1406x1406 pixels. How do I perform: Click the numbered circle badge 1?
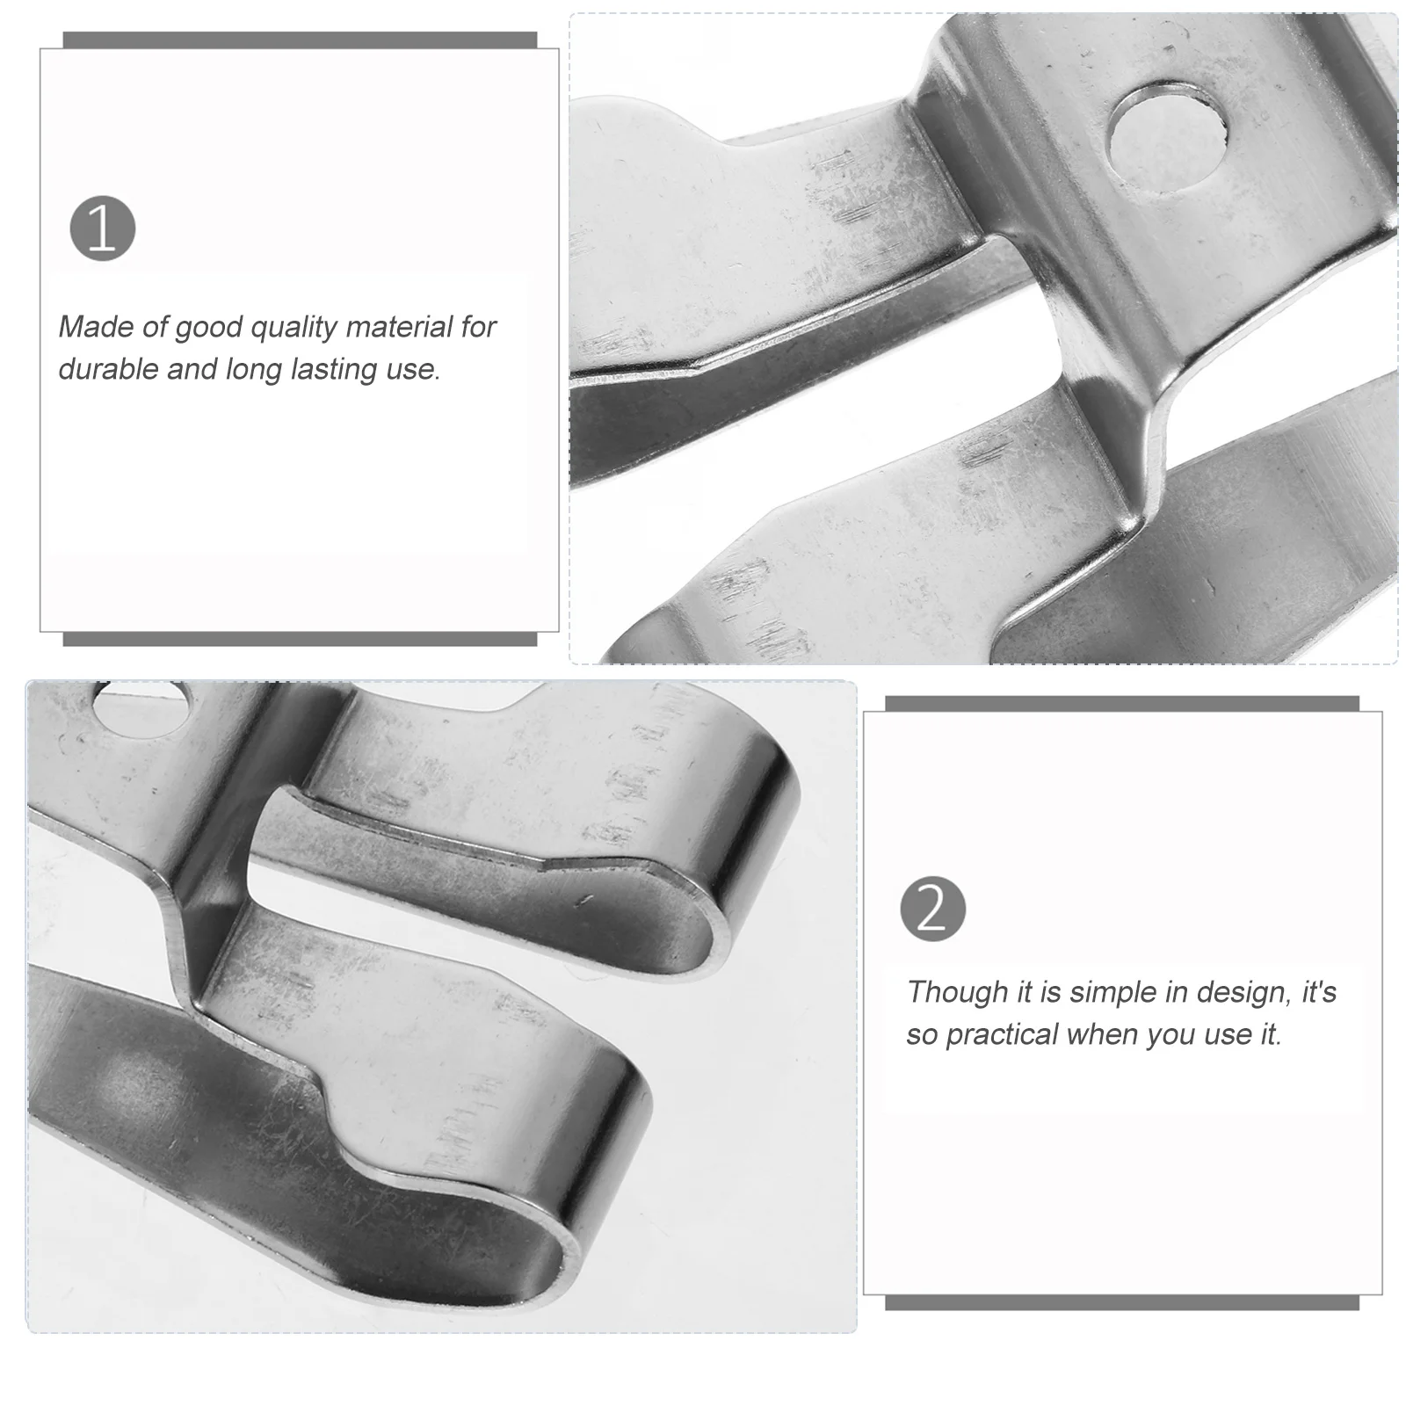[x=103, y=228]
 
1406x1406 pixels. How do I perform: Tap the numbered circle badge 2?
[x=932, y=909]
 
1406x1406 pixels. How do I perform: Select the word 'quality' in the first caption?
[x=294, y=328]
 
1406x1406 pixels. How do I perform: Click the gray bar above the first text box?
[x=300, y=40]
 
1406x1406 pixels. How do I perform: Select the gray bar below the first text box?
[x=300, y=639]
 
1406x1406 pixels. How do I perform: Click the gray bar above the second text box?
[x=1121, y=704]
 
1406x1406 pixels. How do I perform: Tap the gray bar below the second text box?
[x=1121, y=1302]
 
